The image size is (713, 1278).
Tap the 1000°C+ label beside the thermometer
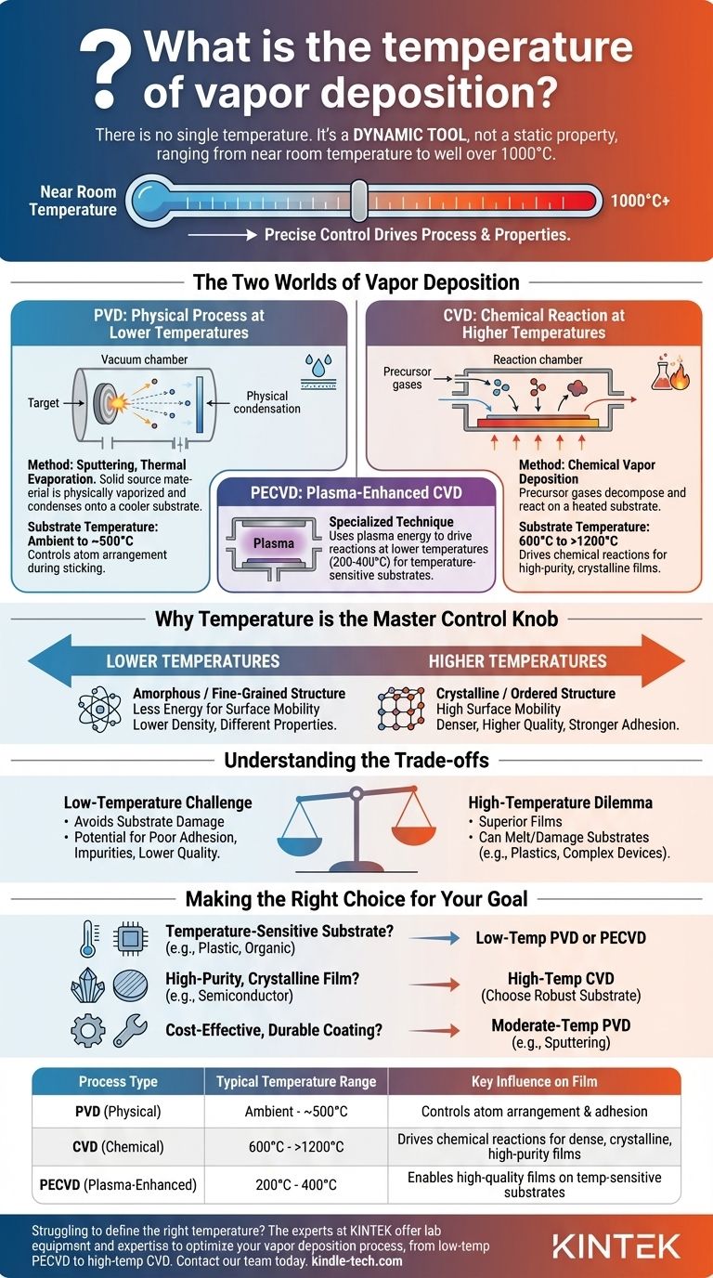pos(641,201)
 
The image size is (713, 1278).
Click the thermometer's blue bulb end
pos(149,200)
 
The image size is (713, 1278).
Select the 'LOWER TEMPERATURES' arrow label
pos(193,661)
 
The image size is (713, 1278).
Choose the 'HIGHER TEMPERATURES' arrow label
pos(517,661)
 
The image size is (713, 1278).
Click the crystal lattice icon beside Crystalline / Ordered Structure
pos(401,709)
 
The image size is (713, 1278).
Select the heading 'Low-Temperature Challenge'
pos(158,802)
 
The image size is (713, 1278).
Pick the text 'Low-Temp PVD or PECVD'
pos(562,938)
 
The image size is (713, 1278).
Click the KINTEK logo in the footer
pos(616,1245)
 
